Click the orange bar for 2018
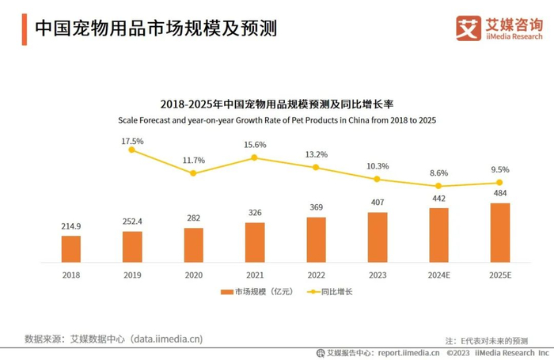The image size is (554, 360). pos(70,248)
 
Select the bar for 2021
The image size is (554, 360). pos(255,242)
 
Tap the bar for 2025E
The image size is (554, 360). pos(500,233)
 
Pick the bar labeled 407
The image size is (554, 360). pos(378,237)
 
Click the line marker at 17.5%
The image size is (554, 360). pos(132,150)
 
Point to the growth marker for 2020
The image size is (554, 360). pos(193,172)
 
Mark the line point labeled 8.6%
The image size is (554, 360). pos(438,186)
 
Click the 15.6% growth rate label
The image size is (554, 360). pos(255,145)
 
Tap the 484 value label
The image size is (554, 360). pos(500,194)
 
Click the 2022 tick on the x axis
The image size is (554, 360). pos(316,275)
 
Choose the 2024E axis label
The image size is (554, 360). pos(438,275)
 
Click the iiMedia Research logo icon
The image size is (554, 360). pos(469,28)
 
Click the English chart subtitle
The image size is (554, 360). pos(277,121)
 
